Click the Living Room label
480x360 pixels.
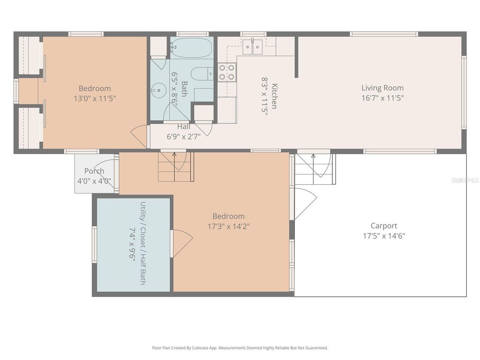click(x=382, y=88)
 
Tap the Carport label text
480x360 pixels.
click(x=383, y=225)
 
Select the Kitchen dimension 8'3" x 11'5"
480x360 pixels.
click(x=264, y=96)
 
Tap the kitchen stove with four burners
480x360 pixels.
click(x=227, y=73)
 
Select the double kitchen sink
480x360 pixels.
click(x=252, y=46)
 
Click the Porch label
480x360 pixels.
click(x=94, y=171)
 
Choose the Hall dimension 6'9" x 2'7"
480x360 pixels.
click(x=184, y=136)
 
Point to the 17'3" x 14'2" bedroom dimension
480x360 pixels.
click(x=228, y=226)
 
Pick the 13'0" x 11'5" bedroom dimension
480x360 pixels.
click(x=95, y=98)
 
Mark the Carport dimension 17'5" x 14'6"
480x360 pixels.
click(x=383, y=236)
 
